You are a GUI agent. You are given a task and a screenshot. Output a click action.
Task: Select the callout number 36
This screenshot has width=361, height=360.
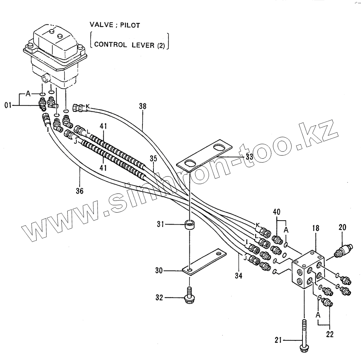79,191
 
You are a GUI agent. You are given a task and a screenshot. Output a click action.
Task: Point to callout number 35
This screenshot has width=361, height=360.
153,159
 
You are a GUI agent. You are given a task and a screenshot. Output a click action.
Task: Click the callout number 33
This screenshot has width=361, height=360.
249,157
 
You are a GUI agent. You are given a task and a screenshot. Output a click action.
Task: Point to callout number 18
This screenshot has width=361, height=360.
315,229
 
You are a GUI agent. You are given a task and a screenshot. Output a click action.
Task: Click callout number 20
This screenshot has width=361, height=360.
342,228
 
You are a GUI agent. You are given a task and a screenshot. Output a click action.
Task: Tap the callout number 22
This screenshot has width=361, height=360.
330,334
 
